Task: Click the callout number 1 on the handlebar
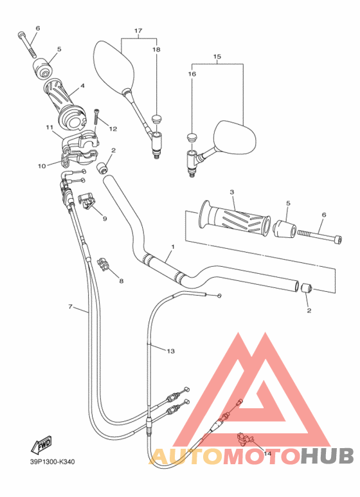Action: [172, 247]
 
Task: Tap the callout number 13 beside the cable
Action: [170, 351]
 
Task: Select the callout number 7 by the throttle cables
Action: [70, 307]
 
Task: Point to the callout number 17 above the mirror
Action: [138, 31]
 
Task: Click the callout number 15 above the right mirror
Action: [217, 57]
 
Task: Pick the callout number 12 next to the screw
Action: [113, 129]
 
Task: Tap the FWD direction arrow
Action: [41, 445]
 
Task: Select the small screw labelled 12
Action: [96, 117]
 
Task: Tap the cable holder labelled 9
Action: [87, 201]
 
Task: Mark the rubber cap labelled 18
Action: [156, 118]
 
